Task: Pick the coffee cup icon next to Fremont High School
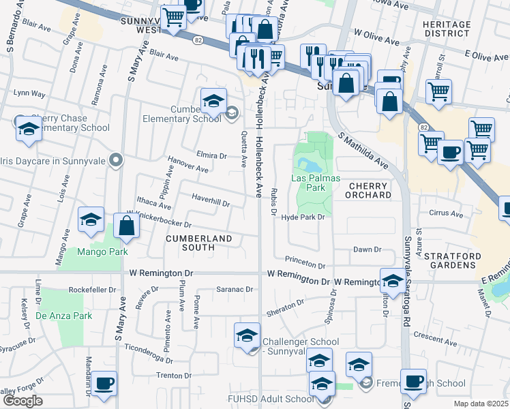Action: [x=413, y=382]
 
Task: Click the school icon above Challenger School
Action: [x=247, y=335]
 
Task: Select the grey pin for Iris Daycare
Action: [x=116, y=161]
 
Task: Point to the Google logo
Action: [x=22, y=401]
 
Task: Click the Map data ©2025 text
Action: [x=481, y=404]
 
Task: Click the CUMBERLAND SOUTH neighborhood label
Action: [x=199, y=243]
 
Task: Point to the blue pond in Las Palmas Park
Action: [x=305, y=165]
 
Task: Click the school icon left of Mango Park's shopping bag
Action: [x=91, y=219]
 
